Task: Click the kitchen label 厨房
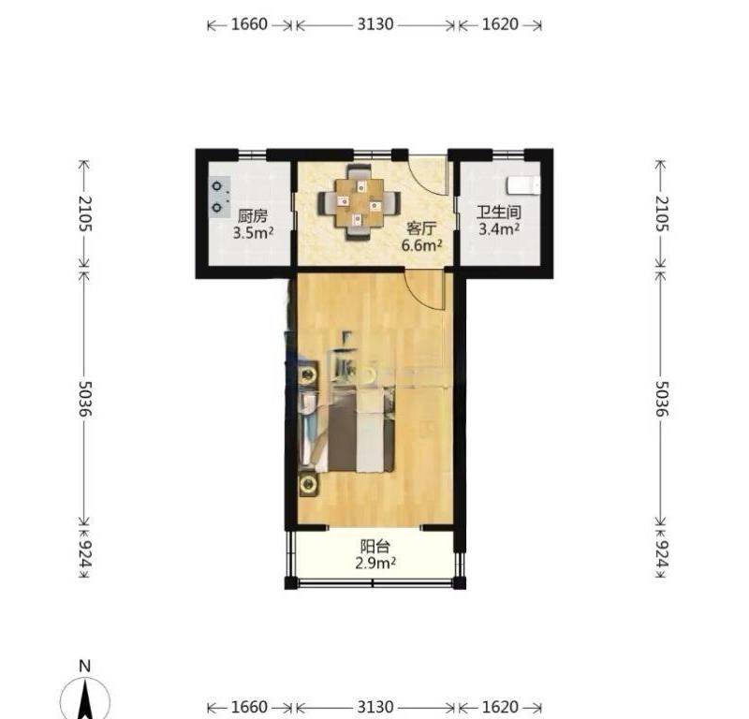(252, 216)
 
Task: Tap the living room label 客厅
(421, 228)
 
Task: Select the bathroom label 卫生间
(499, 213)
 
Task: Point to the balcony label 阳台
(375, 546)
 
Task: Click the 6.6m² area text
(421, 245)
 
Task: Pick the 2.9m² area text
(375, 564)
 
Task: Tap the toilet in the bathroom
(523, 185)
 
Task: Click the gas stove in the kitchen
(219, 197)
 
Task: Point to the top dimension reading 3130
(375, 24)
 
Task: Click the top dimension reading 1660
(249, 24)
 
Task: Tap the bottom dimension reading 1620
(500, 707)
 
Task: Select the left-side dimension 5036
(84, 399)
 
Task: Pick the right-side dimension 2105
(661, 213)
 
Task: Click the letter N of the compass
(85, 666)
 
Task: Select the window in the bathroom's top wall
(508, 154)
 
